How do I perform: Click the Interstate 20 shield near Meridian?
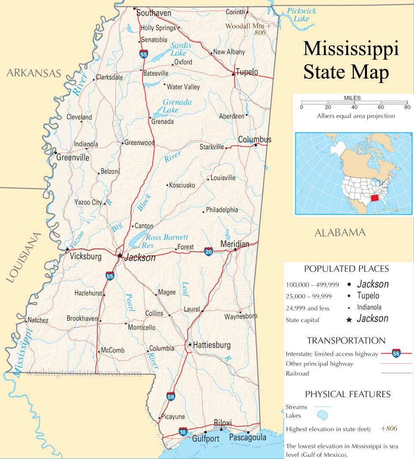(x=208, y=251)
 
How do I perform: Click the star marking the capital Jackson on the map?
(x=120, y=256)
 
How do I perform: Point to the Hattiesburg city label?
(x=212, y=345)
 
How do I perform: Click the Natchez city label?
(x=38, y=321)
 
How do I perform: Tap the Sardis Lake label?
(x=180, y=49)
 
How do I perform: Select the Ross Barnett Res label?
(x=166, y=241)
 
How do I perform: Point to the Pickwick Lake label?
(x=301, y=15)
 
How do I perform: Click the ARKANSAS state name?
(x=34, y=73)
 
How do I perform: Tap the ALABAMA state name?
(x=340, y=232)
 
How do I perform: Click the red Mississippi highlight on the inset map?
(x=374, y=199)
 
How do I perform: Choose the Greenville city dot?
(x=55, y=152)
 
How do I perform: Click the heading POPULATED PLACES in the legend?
(x=346, y=269)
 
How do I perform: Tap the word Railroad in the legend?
(x=297, y=373)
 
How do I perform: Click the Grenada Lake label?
(x=177, y=106)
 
